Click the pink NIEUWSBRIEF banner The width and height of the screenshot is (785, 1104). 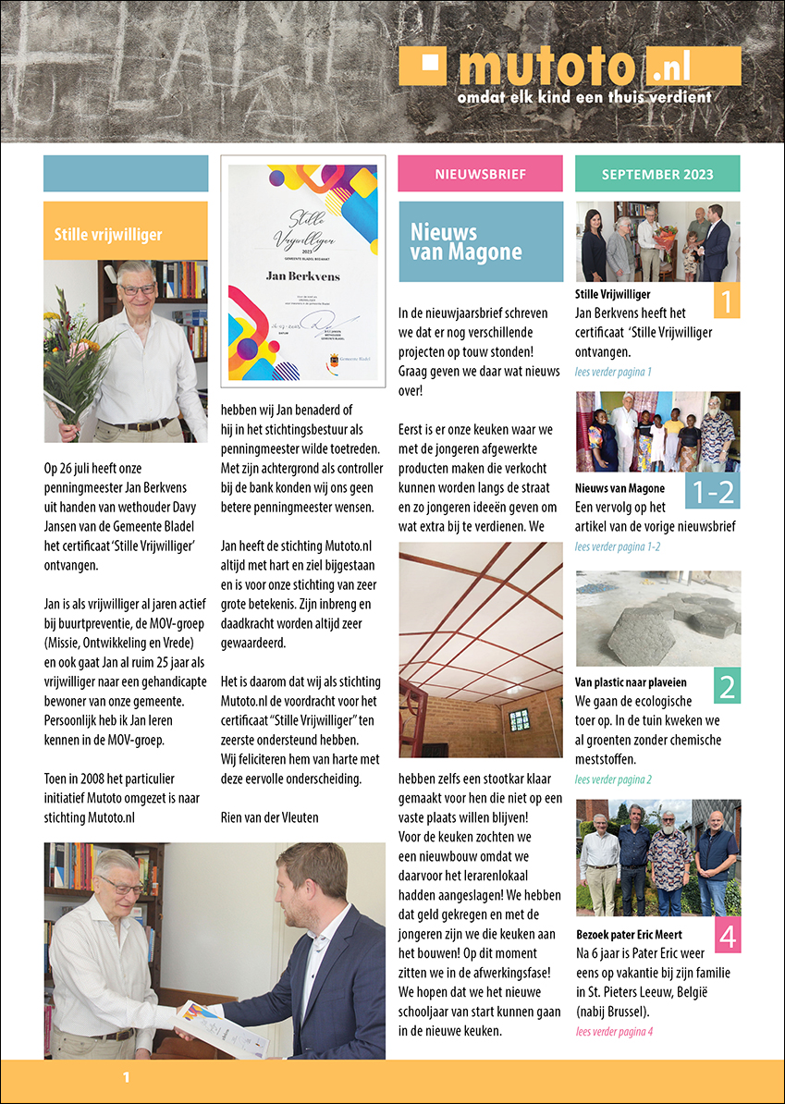pyautogui.click(x=480, y=174)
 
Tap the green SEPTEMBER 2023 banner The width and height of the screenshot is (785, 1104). pyautogui.click(x=657, y=174)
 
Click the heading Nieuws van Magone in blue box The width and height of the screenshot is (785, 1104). pyautogui.click(x=481, y=241)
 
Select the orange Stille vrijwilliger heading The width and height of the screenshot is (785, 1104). pyautogui.click(x=125, y=230)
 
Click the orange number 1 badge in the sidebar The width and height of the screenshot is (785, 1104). pyautogui.click(x=727, y=301)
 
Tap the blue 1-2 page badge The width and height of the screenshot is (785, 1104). pyautogui.click(x=712, y=490)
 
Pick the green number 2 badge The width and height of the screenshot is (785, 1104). pyautogui.click(x=727, y=686)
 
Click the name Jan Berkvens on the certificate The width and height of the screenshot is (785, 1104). pyautogui.click(x=302, y=275)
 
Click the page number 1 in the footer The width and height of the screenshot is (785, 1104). pyautogui.click(x=127, y=1077)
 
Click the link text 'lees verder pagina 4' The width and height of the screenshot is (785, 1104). pyautogui.click(x=614, y=1031)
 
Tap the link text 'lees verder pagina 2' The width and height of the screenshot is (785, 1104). pyautogui.click(x=614, y=779)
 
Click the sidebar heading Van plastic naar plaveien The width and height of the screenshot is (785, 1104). pyautogui.click(x=631, y=682)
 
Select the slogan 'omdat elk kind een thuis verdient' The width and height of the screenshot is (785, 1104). pyautogui.click(x=584, y=96)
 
